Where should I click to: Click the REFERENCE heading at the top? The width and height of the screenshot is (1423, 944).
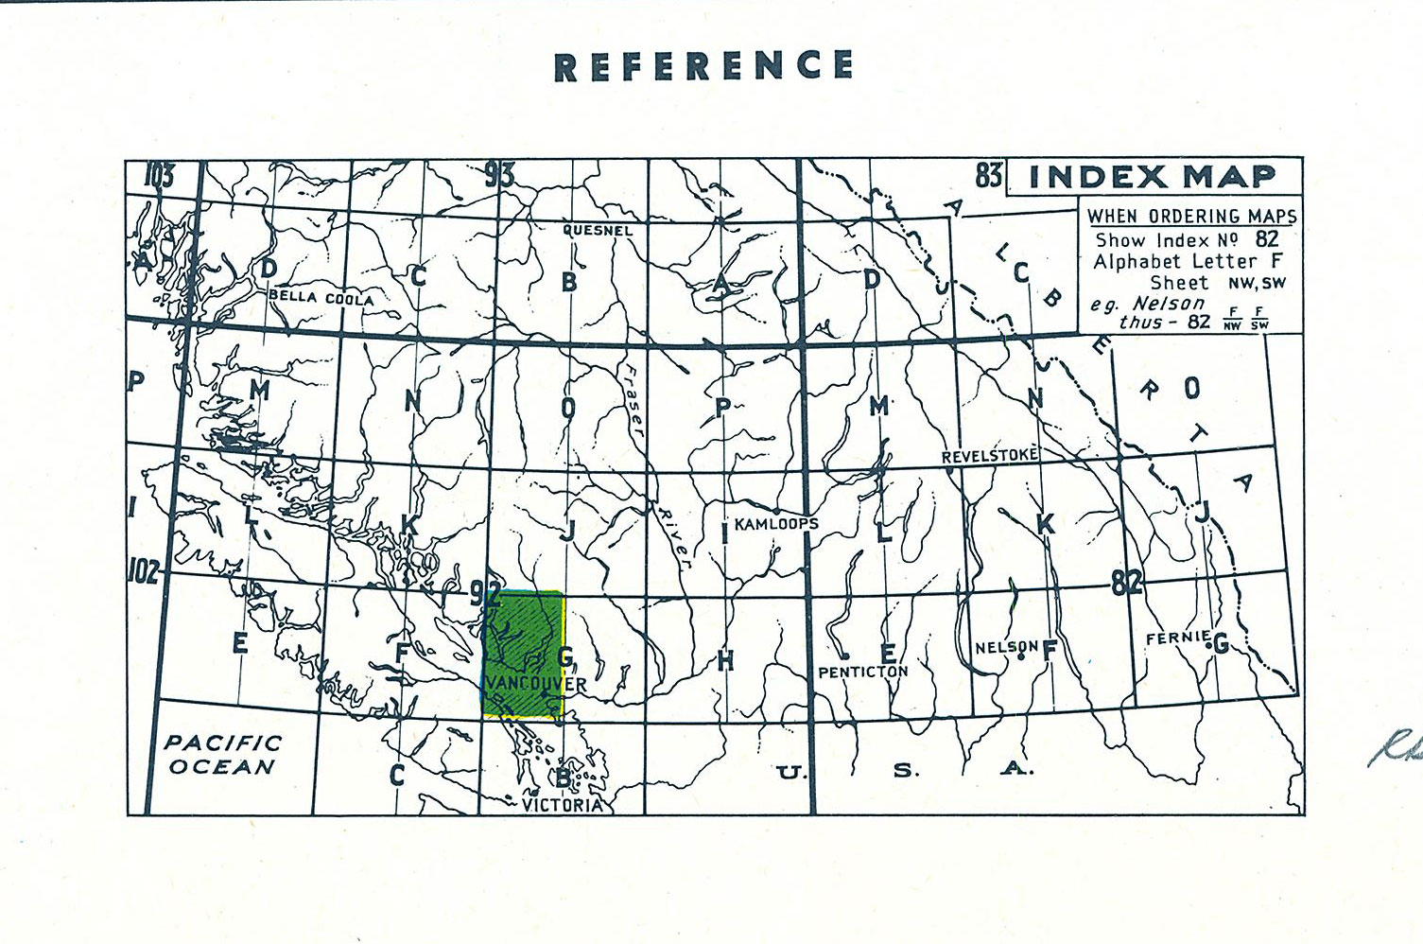coord(704,66)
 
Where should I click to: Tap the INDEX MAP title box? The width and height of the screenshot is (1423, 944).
coord(1153,177)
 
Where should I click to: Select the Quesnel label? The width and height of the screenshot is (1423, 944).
coord(598,230)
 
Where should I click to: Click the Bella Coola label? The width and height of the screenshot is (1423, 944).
coord(321,297)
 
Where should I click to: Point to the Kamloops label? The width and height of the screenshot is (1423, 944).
coord(776,523)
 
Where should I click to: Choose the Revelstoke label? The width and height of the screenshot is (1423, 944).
coord(989,456)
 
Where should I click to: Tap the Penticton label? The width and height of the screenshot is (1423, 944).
coord(862,672)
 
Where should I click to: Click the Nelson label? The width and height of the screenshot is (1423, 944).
coord(1007,647)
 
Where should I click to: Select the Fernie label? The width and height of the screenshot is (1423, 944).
coord(1178,638)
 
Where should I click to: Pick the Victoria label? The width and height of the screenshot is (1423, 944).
coord(563,805)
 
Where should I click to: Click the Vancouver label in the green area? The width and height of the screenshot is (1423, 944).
coord(535,683)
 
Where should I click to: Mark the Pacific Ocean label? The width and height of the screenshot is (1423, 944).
coord(223,755)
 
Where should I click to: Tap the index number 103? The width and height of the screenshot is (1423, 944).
coord(160,175)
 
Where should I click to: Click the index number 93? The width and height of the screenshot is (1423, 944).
coord(499,174)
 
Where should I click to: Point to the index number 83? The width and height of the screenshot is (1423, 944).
coord(989,175)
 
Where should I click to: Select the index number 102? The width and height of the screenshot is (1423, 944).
coord(143,571)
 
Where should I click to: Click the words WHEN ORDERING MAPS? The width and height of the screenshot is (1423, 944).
coord(1191,217)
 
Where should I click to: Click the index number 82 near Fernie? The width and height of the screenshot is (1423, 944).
coord(1127,583)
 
